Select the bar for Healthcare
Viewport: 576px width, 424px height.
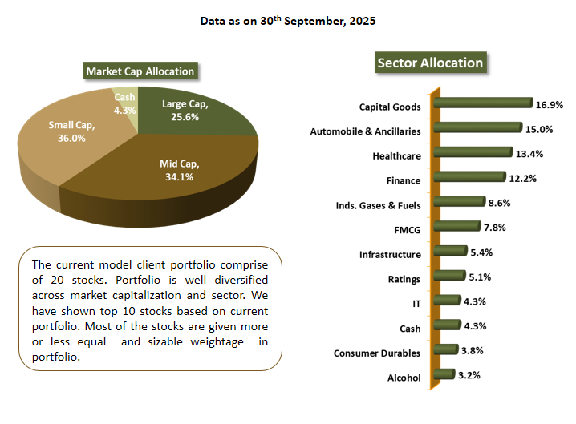473,152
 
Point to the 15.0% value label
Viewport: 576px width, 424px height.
537,129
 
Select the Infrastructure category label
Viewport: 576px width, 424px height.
390,255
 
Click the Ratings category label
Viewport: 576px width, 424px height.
404,280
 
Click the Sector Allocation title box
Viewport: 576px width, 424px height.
430,63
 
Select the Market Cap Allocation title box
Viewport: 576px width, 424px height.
140,71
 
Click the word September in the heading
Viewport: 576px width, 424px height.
309,21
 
